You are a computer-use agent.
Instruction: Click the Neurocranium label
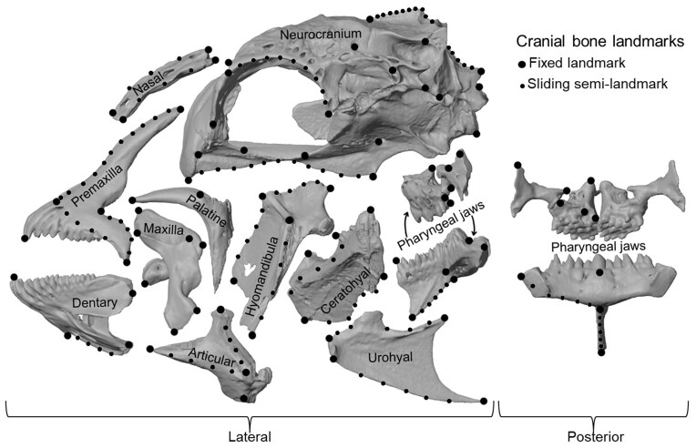321,35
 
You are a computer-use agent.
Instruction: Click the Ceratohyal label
338,290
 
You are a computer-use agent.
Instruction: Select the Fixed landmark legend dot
522,64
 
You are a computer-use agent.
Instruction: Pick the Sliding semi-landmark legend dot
522,85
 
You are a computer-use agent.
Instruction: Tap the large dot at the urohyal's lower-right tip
483,402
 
